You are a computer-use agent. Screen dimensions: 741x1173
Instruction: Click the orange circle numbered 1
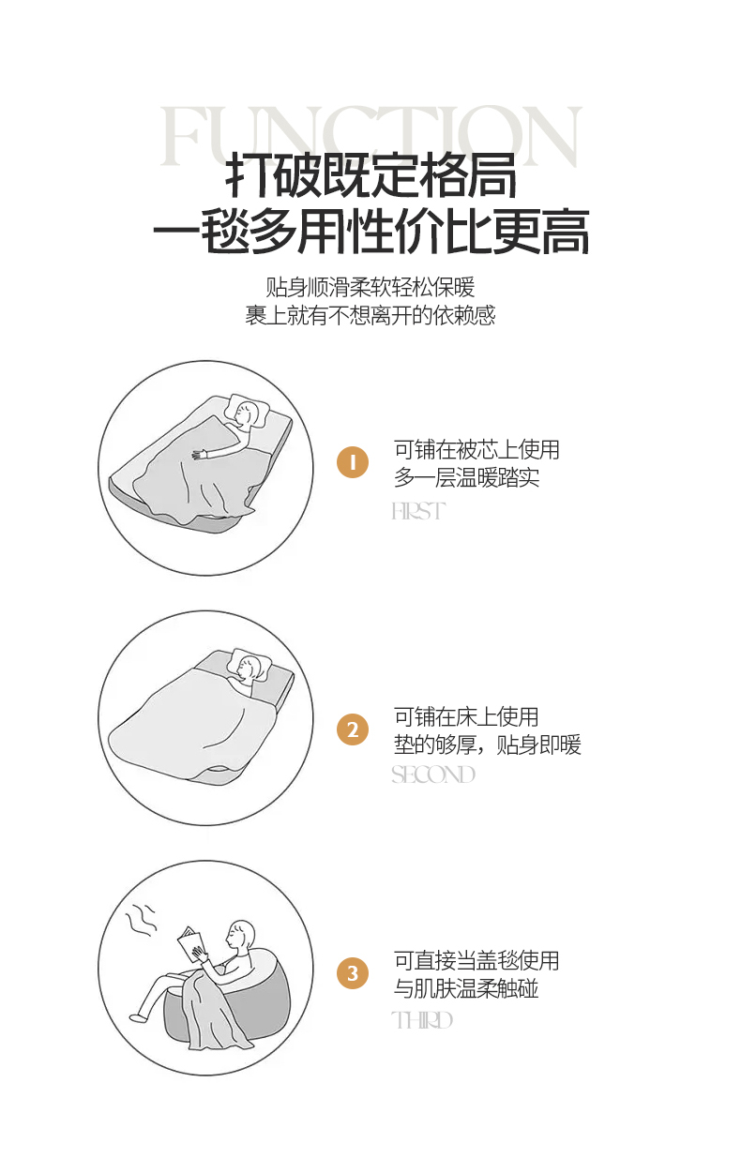[353, 462]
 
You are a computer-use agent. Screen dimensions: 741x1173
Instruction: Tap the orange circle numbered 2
[353, 729]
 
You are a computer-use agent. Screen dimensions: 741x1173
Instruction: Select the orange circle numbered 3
[353, 973]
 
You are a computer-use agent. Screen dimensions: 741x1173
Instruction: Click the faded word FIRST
[418, 511]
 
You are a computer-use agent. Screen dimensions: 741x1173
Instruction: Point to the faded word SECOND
[433, 774]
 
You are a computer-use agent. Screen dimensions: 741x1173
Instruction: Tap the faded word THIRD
[421, 1020]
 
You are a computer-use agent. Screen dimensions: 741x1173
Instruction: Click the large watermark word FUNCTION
[370, 136]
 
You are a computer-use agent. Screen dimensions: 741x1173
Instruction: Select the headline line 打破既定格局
[370, 175]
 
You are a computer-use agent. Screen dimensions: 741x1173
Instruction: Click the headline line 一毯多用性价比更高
[370, 232]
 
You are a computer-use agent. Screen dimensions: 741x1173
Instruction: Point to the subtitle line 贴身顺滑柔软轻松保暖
[370, 287]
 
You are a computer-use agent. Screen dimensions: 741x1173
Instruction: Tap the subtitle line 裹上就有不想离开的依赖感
[370, 315]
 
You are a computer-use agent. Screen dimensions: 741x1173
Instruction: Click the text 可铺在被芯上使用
[476, 449]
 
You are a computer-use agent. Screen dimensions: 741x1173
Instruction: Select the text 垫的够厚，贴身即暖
[488, 744]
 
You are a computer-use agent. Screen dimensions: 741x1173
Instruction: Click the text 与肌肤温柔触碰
[466, 988]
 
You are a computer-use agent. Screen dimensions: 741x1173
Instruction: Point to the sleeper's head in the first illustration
[247, 414]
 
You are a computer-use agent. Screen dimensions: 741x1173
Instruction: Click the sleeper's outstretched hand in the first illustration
[199, 455]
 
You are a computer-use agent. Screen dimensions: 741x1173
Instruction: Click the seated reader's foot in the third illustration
[137, 1017]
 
